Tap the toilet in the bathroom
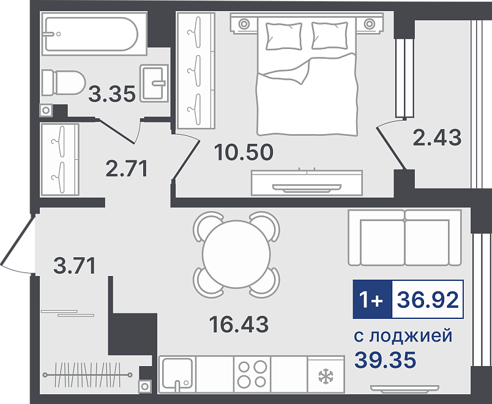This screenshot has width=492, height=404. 64,83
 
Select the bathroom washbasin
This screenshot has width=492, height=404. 154,83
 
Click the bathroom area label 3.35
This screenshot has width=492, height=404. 112,94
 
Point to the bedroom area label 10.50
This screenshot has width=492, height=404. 244,152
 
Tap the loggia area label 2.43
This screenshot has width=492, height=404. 437,138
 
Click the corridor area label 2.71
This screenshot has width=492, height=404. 127,168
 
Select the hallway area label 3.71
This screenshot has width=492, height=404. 75,266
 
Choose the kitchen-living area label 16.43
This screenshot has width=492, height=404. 239,324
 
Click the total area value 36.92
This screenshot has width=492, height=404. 428,299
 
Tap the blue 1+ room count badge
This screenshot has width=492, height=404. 373,299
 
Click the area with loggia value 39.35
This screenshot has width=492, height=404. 386,360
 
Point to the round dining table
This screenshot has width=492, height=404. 236,254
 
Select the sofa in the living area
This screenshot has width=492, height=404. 404,238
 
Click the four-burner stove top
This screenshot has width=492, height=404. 252,374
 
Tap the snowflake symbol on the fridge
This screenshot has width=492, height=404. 326,376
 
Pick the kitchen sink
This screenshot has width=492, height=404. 177,374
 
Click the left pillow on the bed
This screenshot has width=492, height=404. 284,36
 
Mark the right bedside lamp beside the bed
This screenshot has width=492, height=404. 370,23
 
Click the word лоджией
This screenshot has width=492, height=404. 411,336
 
